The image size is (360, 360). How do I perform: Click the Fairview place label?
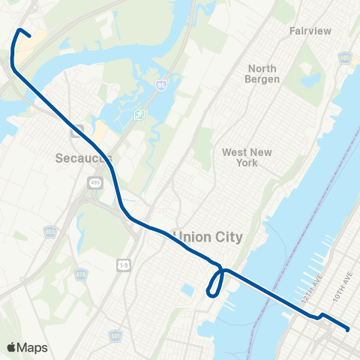[311, 31]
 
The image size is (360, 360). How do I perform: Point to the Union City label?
[208, 237]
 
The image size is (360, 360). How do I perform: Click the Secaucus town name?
[83, 158]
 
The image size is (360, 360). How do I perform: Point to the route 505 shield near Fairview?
[344, 57]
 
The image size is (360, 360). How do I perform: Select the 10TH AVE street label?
[341, 288]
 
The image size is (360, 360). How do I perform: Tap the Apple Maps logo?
[28, 347]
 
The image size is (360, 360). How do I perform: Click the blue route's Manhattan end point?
[348, 328]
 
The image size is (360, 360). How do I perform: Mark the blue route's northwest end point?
[28, 34]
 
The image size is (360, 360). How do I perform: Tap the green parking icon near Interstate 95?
[138, 114]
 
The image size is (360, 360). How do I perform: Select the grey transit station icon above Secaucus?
[76, 130]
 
